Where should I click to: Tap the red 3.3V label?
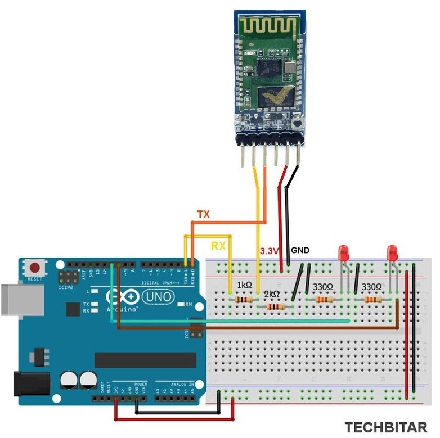pos(270,251)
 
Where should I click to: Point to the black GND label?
pos(300,250)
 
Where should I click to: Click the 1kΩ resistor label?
pos(244,286)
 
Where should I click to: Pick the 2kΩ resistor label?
pos(272,293)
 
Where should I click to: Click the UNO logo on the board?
pos(159,296)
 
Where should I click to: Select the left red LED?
pos(344,253)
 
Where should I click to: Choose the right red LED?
pos(393,253)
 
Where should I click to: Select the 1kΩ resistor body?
pos(243,300)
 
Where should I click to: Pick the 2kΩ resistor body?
pos(275,307)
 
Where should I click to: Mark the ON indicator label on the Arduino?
pos(189,304)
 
